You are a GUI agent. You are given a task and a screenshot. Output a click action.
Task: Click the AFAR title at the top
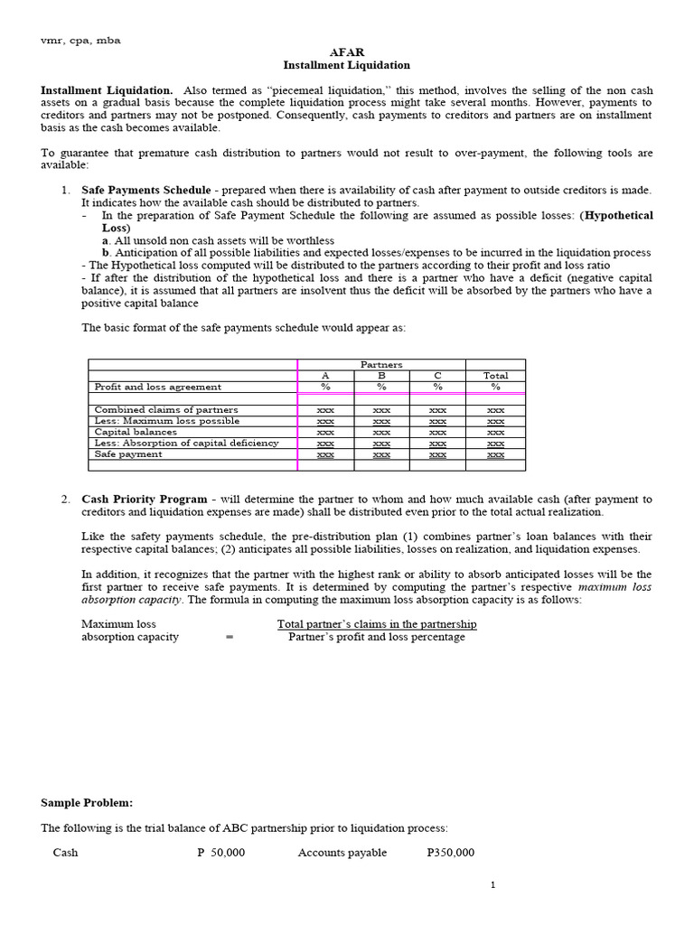(347, 52)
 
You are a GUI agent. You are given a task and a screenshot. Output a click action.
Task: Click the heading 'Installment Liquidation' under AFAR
(347, 65)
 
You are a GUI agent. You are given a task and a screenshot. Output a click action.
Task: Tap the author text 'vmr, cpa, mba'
(81, 40)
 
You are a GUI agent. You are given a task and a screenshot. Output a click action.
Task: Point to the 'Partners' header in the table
(381, 364)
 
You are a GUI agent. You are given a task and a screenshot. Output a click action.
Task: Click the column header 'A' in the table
(326, 376)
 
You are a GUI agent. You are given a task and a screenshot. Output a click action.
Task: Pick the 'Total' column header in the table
(495, 376)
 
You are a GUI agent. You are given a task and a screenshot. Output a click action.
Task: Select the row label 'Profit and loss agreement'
(157, 387)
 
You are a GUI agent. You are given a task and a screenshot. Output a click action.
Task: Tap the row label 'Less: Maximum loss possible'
(167, 421)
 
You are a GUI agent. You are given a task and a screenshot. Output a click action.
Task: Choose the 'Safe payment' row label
(128, 454)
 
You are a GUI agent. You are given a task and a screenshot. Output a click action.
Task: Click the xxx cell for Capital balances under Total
(495, 432)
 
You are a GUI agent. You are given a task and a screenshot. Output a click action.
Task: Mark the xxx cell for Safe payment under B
(381, 454)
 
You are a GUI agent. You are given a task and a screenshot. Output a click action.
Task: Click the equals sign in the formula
(230, 637)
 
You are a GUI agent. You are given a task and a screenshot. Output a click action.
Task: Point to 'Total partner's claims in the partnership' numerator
(377, 624)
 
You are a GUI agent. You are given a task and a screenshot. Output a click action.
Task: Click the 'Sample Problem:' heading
(87, 802)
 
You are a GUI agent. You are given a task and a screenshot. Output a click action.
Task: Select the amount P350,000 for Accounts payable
(450, 853)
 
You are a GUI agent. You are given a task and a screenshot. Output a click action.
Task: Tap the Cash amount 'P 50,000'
(220, 853)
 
